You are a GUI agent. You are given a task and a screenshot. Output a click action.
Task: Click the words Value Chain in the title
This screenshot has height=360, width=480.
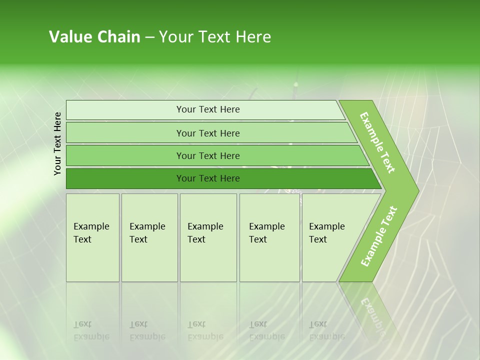(94, 37)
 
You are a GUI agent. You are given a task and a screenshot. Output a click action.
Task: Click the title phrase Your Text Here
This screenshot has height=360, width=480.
(215, 37)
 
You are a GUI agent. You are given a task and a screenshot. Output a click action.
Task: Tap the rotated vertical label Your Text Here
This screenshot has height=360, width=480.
(57, 143)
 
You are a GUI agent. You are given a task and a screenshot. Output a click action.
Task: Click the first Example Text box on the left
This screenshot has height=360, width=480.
(92, 237)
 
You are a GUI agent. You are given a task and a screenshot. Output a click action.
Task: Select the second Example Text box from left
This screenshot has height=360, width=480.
(149, 237)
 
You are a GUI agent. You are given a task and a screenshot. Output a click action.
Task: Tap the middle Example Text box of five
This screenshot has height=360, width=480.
(208, 237)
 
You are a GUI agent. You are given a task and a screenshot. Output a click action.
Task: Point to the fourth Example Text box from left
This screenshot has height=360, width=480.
(269, 237)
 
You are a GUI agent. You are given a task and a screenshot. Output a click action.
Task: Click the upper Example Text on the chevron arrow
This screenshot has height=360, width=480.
(377, 142)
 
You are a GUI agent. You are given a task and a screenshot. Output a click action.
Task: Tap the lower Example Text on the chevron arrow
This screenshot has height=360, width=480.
(379, 236)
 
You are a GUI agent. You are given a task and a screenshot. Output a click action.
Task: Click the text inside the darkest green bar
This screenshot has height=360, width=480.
(208, 178)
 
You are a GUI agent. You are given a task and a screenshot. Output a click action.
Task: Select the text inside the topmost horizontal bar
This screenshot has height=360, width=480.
(208, 109)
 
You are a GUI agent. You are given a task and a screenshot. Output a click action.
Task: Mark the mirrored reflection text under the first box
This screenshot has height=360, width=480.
(91, 330)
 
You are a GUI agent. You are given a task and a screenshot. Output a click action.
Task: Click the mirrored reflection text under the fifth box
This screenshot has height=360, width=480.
(326, 330)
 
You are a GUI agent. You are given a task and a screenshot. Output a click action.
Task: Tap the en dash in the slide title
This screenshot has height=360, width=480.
(149, 37)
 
